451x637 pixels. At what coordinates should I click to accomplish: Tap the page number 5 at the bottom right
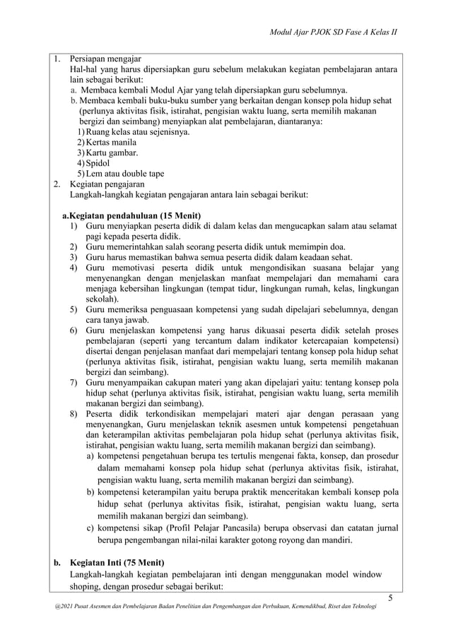[x=389, y=600]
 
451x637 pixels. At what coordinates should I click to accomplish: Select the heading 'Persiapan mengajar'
[x=105, y=58]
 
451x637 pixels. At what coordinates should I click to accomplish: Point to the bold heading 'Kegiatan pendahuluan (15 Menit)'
[x=135, y=215]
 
